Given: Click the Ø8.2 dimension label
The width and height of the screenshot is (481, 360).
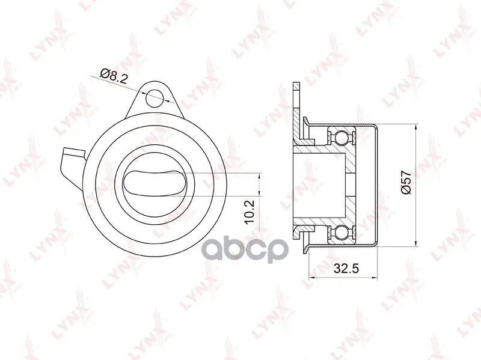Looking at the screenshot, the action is click(x=114, y=76).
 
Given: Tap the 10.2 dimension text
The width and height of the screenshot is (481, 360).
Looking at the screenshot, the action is click(x=250, y=213).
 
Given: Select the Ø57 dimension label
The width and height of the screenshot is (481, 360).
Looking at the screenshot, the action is click(x=406, y=182).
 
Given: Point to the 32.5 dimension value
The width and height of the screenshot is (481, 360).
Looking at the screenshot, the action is click(x=346, y=269).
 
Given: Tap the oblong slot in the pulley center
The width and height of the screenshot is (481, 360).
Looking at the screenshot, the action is click(x=155, y=183).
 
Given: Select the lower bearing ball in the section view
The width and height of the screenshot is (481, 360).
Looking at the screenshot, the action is click(x=342, y=232).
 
